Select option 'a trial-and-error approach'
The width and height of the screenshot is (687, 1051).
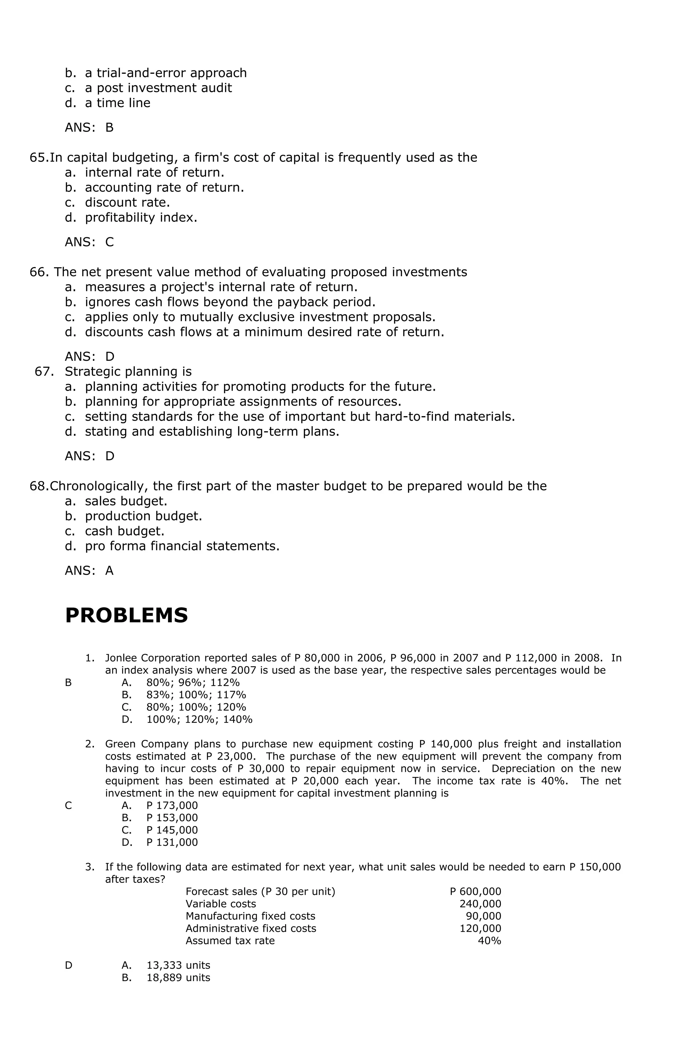click(x=166, y=73)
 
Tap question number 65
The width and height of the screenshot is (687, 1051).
click(x=39, y=158)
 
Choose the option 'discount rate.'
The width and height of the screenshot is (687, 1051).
click(x=127, y=202)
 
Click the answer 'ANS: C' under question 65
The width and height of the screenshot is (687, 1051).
click(x=89, y=242)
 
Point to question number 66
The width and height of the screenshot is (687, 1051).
click(x=39, y=272)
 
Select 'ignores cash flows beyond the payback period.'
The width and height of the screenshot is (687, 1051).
click(x=229, y=302)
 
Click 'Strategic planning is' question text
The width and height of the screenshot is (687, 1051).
click(x=128, y=371)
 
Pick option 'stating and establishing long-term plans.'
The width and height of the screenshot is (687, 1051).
click(x=212, y=432)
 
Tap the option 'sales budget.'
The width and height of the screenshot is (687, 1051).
click(x=126, y=501)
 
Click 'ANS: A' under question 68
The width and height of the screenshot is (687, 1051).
click(x=89, y=570)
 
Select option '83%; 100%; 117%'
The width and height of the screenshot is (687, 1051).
click(x=196, y=695)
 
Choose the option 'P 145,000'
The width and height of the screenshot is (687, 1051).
click(x=172, y=830)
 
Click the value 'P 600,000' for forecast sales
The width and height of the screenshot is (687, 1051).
click(x=475, y=892)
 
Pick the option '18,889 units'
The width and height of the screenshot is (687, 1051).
click(x=178, y=978)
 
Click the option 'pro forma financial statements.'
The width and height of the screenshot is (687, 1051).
click(x=182, y=546)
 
